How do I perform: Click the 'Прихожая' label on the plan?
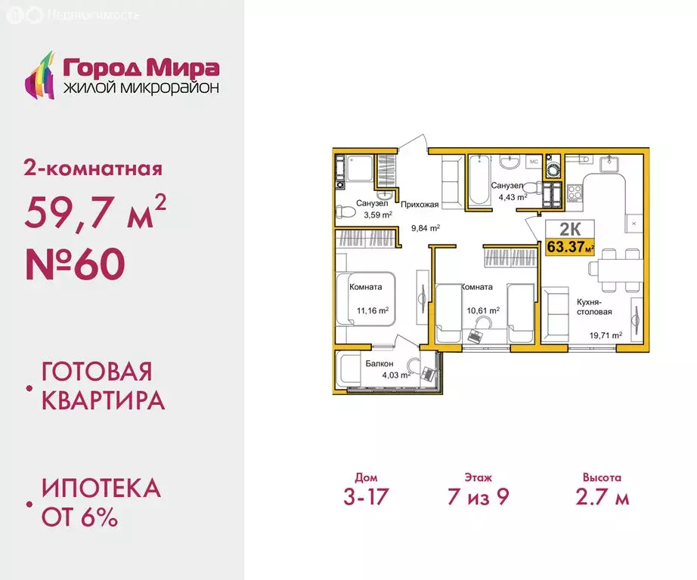[417, 204]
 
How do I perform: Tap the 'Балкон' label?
[379, 363]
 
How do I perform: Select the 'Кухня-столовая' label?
[594, 306]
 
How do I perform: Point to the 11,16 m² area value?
[373, 310]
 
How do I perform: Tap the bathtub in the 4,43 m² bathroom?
[479, 180]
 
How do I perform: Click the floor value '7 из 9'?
[478, 497]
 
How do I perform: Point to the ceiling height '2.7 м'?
[602, 497]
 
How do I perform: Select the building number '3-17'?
[365, 497]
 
